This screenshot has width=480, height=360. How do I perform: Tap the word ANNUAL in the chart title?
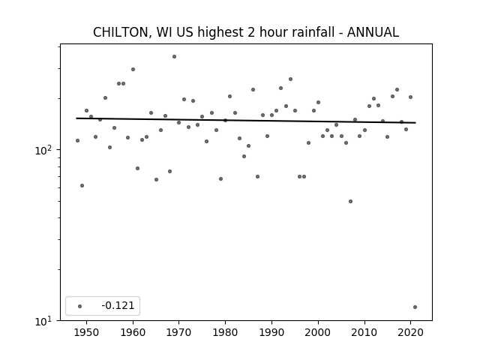coord(373,32)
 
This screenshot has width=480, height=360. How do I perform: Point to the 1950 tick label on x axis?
coord(87,332)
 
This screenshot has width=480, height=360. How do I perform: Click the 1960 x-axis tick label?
coord(133,332)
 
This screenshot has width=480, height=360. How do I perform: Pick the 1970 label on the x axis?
coord(179,332)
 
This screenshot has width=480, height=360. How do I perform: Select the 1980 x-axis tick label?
coord(225,332)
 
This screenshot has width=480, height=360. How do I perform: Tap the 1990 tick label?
coord(271,332)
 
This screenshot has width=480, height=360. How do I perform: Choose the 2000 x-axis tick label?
coord(318,332)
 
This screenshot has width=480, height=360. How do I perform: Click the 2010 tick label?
coord(364,332)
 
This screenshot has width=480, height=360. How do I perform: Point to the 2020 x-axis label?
coord(410,332)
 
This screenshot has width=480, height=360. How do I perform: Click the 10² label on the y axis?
coord(43,150)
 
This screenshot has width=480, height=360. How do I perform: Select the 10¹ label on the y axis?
coord(43,321)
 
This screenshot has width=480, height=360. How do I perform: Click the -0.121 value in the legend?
coord(118,305)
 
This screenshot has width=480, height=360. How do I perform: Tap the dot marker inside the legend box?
coord(80,306)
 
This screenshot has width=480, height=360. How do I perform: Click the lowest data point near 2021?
coord(415,307)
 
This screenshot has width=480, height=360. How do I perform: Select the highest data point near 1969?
coord(174,57)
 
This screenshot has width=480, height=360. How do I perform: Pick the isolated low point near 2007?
coord(350,202)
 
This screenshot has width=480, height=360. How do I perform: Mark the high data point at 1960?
coord(133,70)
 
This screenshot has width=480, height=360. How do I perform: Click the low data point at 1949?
coord(82,185)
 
